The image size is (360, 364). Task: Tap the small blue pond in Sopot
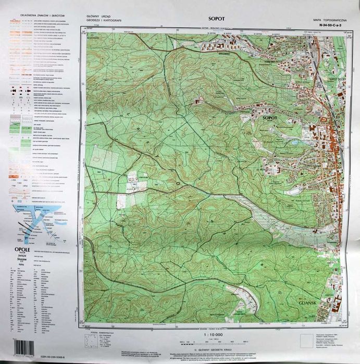[295, 142]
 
